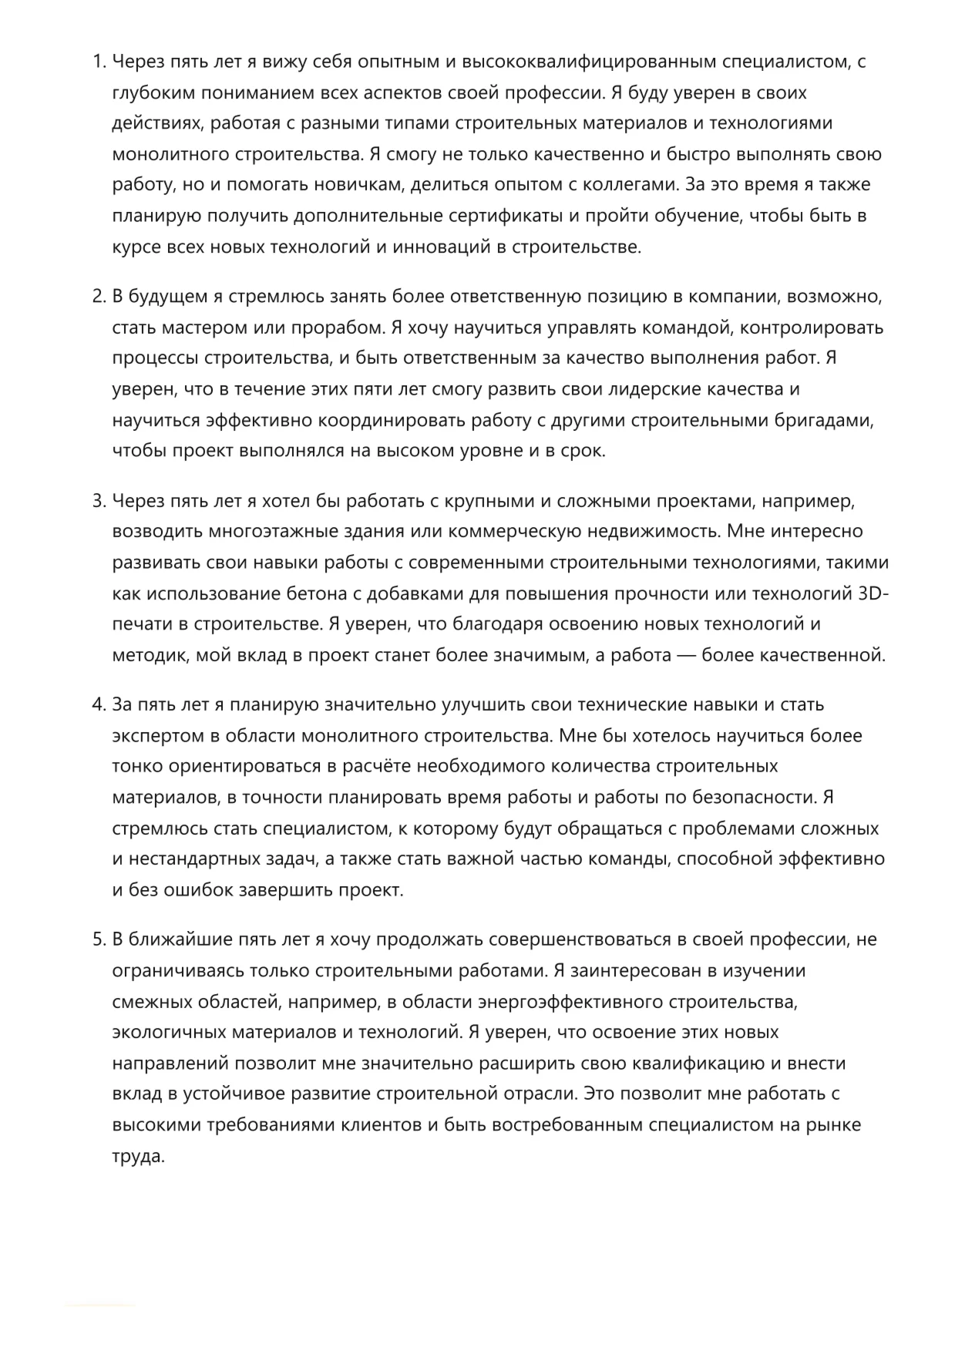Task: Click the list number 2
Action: (99, 297)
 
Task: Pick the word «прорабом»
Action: (338, 328)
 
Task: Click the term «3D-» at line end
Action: (873, 593)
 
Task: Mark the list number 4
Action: (99, 705)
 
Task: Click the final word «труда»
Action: (139, 1156)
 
